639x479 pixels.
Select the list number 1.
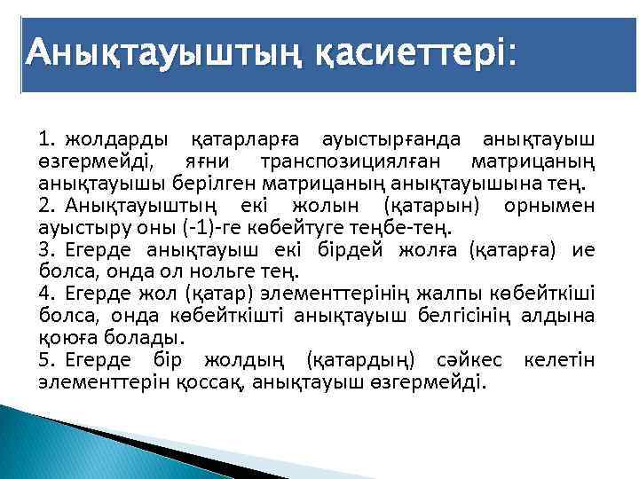point(45,140)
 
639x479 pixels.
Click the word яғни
point(206,162)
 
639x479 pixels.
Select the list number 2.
point(45,206)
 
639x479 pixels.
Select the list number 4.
point(45,293)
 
